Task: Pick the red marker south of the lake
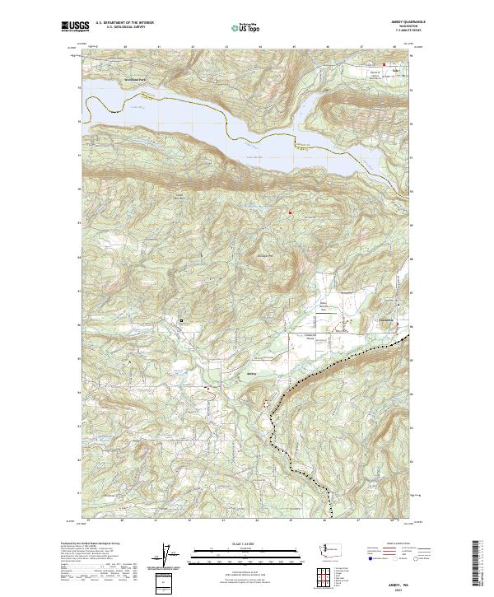coord(290,214)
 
